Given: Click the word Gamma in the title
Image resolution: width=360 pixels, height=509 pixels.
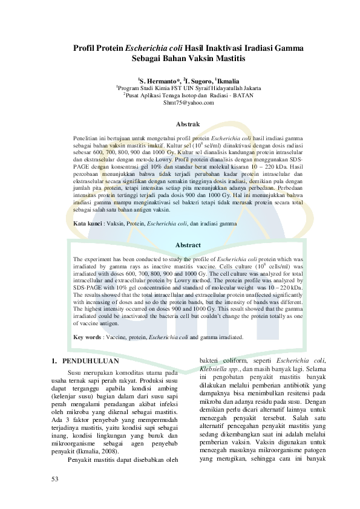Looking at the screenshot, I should click(286, 48).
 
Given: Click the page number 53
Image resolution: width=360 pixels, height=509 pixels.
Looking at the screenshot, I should click(58, 479).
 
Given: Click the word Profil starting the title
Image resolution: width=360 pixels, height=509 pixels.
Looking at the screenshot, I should click(85, 48).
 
